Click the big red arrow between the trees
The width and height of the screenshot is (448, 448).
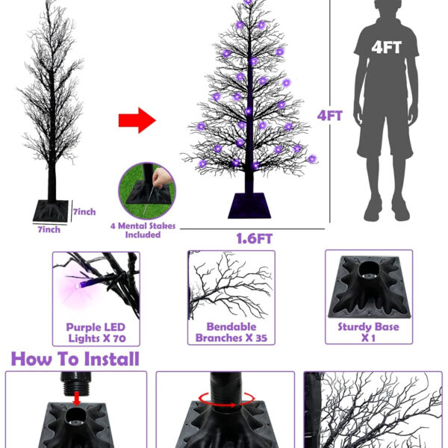pos(137,120)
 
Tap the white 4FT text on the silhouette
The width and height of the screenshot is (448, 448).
pos(386,47)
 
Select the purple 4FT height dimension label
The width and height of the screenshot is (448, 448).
pos(329,116)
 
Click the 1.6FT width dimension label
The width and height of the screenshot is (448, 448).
pos(255,239)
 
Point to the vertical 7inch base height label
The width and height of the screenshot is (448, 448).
pos(84,212)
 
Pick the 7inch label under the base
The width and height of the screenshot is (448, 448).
pos(49,229)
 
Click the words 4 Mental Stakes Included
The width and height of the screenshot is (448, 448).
pos(143,230)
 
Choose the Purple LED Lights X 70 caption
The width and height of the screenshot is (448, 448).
pos(96,332)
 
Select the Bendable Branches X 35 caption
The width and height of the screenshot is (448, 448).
pos(231,332)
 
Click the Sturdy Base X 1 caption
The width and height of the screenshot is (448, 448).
pos(368,332)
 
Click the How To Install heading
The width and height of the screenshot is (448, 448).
pos(75,359)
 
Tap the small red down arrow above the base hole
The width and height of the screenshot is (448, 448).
pos(76,399)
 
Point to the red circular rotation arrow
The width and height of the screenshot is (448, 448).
pos(226,399)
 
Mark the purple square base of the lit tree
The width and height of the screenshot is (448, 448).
pos(249,206)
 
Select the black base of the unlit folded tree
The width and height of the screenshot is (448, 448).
pos(51,211)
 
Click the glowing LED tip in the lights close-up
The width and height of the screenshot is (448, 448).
pos(77,285)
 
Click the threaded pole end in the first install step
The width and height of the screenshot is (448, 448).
pos(75,384)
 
